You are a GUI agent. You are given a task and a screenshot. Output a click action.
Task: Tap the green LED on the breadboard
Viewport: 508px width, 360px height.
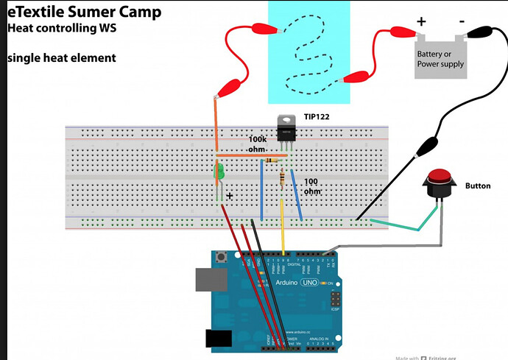tap(219, 174)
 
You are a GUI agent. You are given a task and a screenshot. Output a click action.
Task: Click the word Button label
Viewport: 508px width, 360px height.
tap(478, 186)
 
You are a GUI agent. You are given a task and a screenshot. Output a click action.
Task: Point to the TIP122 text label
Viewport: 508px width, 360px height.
tap(318, 117)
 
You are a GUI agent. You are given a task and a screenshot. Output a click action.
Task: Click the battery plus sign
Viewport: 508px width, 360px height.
tap(422, 21)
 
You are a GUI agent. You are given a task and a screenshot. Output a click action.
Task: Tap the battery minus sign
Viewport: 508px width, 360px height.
tap(460, 21)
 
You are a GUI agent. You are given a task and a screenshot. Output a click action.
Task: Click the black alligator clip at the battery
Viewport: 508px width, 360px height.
tap(481, 32)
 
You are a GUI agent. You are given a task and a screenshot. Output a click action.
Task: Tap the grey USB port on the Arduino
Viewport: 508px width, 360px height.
tap(208, 280)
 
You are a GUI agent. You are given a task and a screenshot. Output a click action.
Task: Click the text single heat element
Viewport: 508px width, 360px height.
tap(62, 57)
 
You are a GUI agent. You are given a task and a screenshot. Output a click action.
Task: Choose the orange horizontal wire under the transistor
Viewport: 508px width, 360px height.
tap(250, 155)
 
